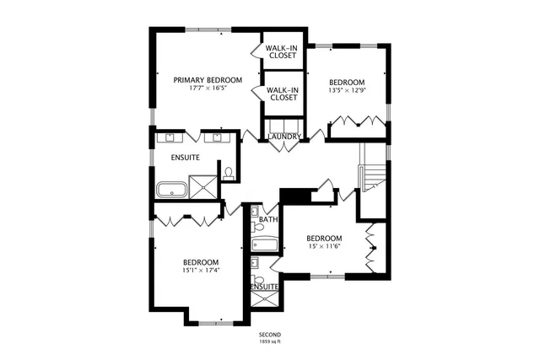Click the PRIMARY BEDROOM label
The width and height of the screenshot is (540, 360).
tap(208, 80)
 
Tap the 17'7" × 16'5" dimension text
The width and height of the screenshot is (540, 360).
tap(208, 89)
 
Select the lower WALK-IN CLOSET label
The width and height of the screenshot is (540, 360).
tap(282, 94)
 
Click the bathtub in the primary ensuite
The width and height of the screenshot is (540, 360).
tap(172, 190)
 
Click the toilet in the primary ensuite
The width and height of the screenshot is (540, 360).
tap(229, 175)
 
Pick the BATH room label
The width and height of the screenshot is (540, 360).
tap(267, 220)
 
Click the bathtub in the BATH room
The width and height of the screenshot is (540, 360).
tap(264, 244)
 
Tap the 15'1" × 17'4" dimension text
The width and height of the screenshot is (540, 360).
tap(201, 271)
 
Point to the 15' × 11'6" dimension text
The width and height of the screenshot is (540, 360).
tap(323, 246)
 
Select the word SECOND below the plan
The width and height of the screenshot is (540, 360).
tap(269, 335)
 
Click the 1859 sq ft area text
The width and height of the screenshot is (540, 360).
tap(269, 341)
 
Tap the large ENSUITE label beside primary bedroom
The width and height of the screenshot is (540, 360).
tap(185, 157)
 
